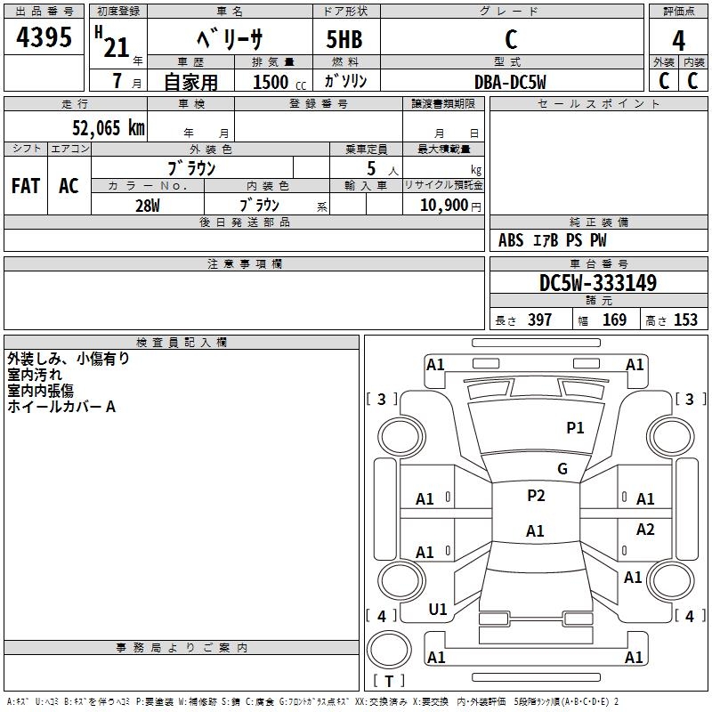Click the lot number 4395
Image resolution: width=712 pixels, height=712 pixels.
tap(44, 36)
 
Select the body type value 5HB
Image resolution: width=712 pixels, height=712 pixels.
tap(344, 39)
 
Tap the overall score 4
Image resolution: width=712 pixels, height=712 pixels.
tap(678, 40)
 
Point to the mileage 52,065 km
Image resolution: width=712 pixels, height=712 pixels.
tap(109, 127)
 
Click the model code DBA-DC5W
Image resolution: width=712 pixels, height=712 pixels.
tap(510, 82)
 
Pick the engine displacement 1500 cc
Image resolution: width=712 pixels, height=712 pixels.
tap(279, 82)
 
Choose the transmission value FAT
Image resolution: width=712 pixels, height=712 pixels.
tap(26, 186)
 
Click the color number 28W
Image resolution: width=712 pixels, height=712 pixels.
tap(148, 206)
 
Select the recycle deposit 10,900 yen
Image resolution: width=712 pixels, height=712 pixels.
tap(450, 206)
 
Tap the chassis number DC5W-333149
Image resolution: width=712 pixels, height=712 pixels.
tap(598, 283)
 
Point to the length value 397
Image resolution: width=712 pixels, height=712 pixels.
tap(539, 320)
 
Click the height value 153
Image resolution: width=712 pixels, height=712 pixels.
tap(685, 320)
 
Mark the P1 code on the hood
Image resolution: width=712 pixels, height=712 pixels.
tap(575, 427)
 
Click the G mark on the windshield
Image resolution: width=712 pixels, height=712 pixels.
tap(562, 468)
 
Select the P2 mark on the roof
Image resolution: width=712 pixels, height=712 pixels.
tap(536, 495)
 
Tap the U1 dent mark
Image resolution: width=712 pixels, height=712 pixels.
tap(438, 609)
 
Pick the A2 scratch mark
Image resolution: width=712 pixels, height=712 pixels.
tap(645, 529)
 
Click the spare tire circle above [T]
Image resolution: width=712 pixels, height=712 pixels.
tap(389, 649)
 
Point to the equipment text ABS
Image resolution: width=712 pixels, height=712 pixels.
tap(511, 240)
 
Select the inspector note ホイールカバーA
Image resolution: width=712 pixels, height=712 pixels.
tap(61, 407)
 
